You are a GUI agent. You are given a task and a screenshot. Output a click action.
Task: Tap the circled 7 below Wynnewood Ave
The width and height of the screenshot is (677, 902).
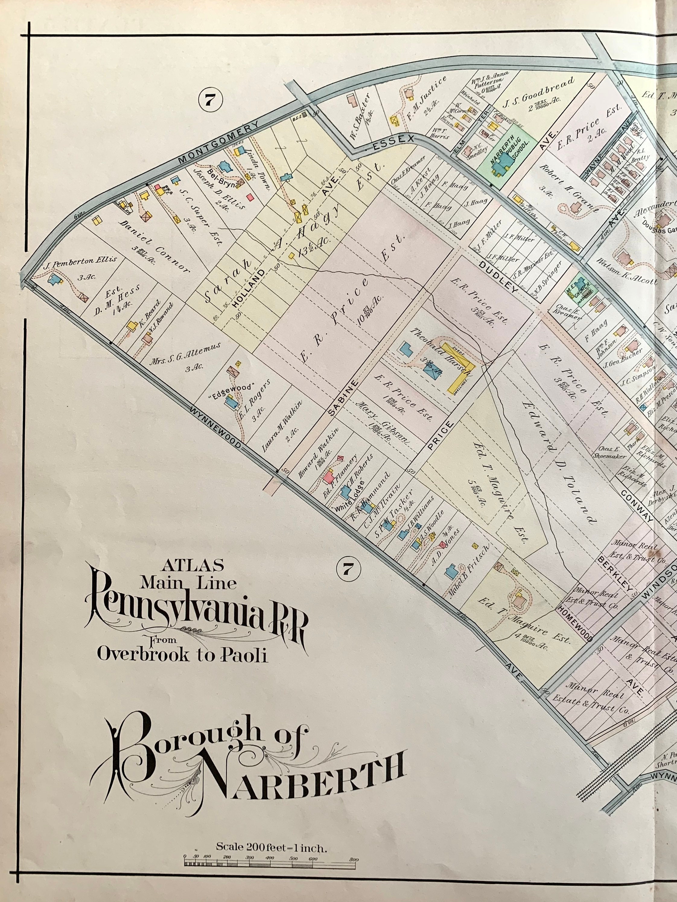click(x=347, y=569)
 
